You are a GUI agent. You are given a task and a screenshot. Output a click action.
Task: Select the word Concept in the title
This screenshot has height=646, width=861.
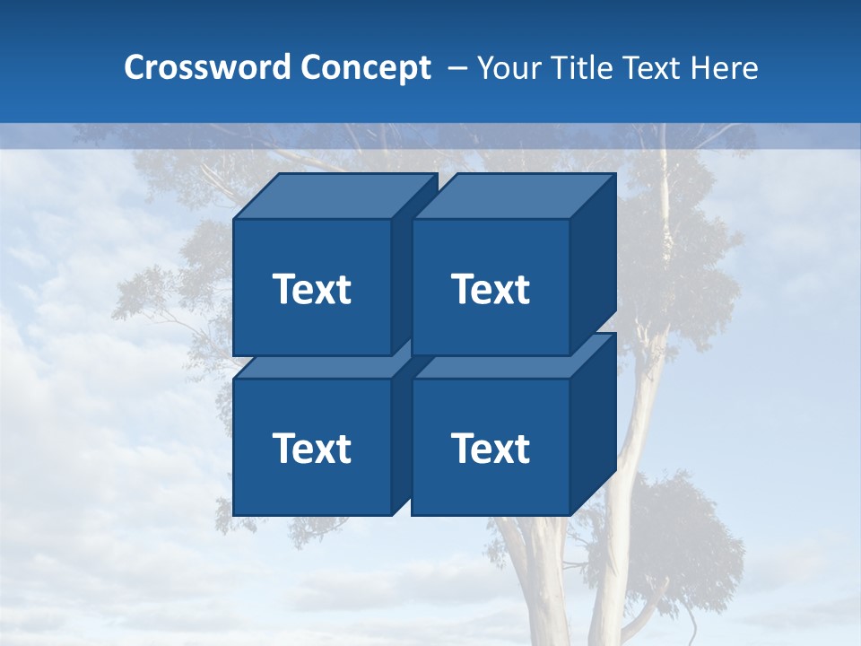(365, 68)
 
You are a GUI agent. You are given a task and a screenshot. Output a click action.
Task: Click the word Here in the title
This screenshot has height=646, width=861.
(724, 68)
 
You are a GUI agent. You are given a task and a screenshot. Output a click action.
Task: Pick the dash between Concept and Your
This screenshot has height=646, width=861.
(457, 68)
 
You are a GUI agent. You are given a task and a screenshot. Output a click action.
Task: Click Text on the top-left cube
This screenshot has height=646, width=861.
(311, 289)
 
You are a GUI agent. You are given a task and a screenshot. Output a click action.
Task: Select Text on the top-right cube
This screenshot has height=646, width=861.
(490, 289)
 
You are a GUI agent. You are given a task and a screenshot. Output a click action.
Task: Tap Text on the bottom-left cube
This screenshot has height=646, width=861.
(311, 448)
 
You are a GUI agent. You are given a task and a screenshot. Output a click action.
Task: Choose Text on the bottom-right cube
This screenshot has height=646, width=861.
(490, 448)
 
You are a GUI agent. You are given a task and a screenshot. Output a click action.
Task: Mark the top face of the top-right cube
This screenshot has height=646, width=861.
(513, 196)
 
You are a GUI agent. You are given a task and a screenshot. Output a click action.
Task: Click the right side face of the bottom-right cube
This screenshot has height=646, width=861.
(593, 422)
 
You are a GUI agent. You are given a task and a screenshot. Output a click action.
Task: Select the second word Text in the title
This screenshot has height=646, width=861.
(652, 68)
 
